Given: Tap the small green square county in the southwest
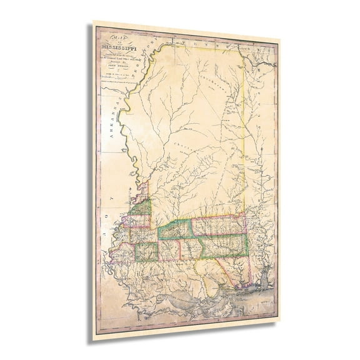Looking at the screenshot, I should coord(146,251).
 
